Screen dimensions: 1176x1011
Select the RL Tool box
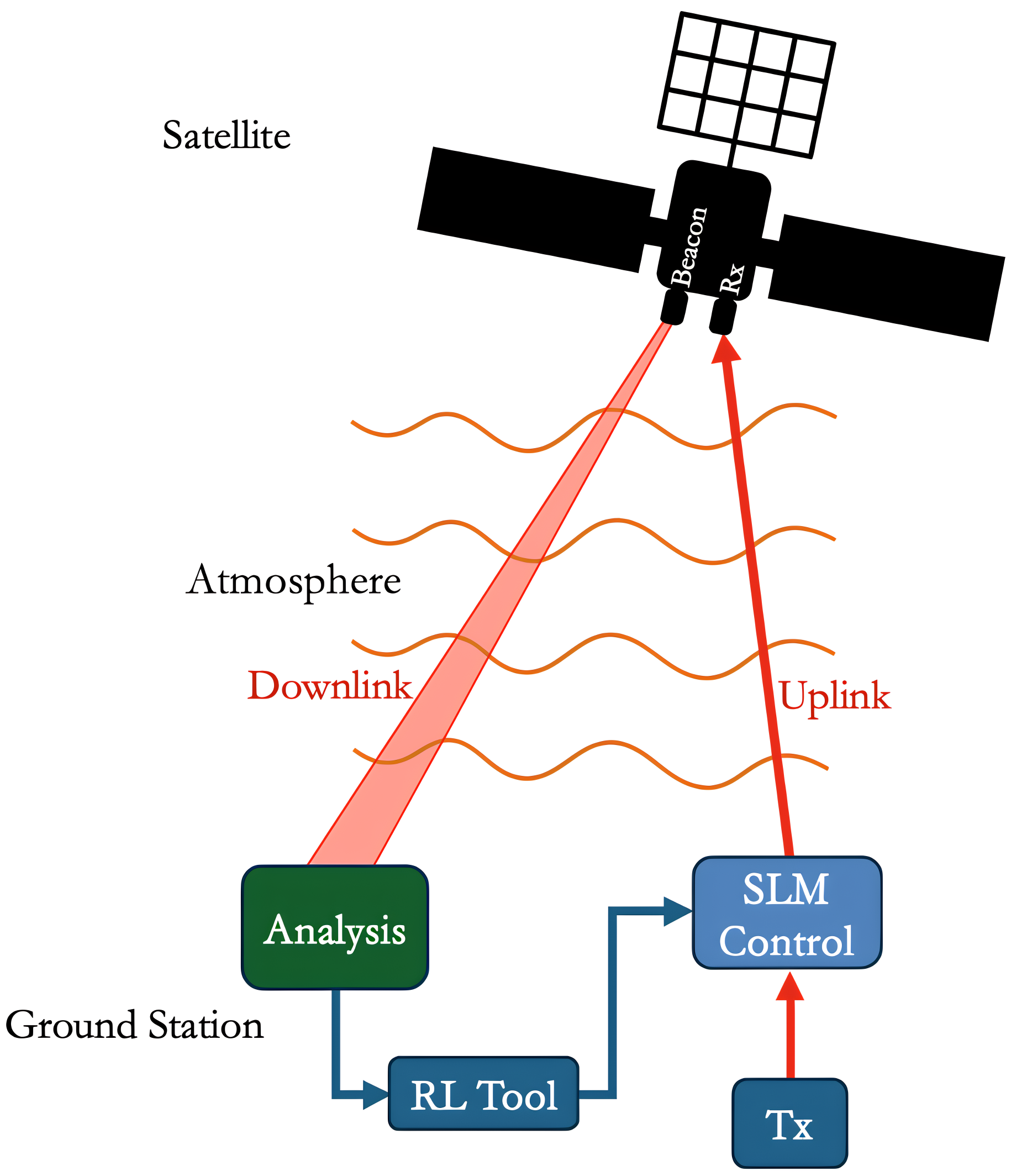[x=483, y=1094]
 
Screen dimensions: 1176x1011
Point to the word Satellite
[x=227, y=135]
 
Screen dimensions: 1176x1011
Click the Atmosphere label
[x=293, y=581]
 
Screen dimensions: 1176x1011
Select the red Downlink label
[x=330, y=686]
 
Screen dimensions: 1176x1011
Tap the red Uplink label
[x=835, y=696]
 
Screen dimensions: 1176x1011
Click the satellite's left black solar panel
[x=536, y=209]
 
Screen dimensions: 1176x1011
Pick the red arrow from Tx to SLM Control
[x=791, y=1027]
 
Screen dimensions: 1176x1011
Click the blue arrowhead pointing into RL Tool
[x=375, y=1095]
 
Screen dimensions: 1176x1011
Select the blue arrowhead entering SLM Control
[x=676, y=911]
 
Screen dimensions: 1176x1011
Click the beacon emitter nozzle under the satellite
[x=674, y=307]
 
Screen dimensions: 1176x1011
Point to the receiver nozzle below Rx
[x=723, y=317]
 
